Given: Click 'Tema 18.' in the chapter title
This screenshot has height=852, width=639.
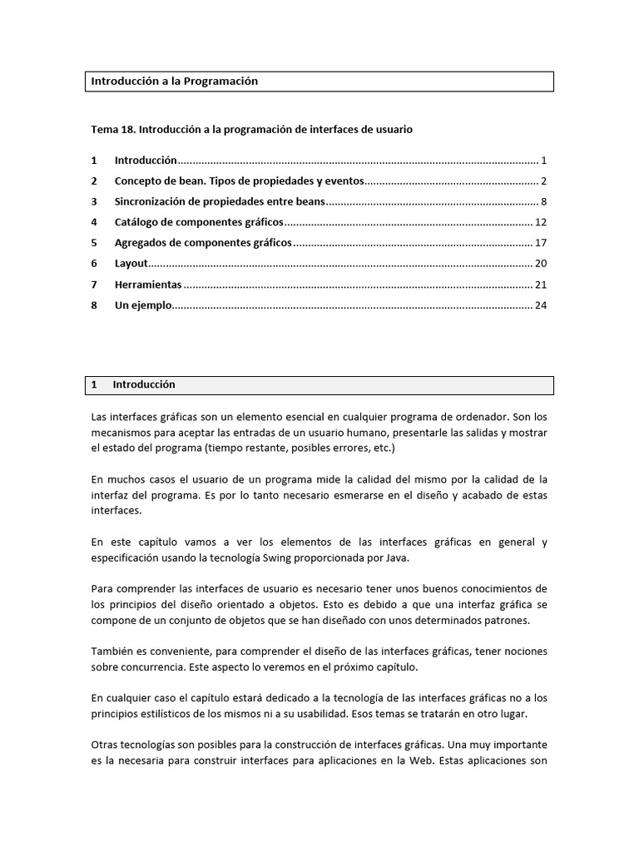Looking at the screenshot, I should [112, 130].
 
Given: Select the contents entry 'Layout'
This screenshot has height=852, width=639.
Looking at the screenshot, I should [131, 264].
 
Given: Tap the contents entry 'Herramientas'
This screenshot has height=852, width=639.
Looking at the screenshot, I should [147, 285].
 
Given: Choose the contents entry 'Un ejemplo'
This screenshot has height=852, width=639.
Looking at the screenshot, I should [142, 305].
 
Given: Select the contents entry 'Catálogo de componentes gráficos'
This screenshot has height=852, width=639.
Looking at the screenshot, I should [199, 222].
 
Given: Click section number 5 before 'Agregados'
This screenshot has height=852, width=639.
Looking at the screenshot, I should [95, 243].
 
